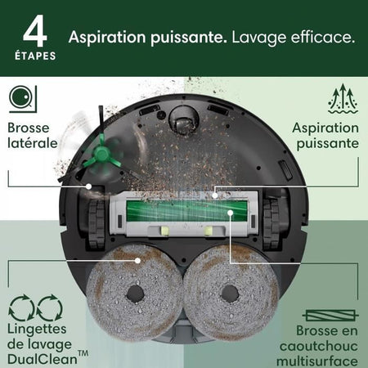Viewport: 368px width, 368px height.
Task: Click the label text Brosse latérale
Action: pos(34,136)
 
